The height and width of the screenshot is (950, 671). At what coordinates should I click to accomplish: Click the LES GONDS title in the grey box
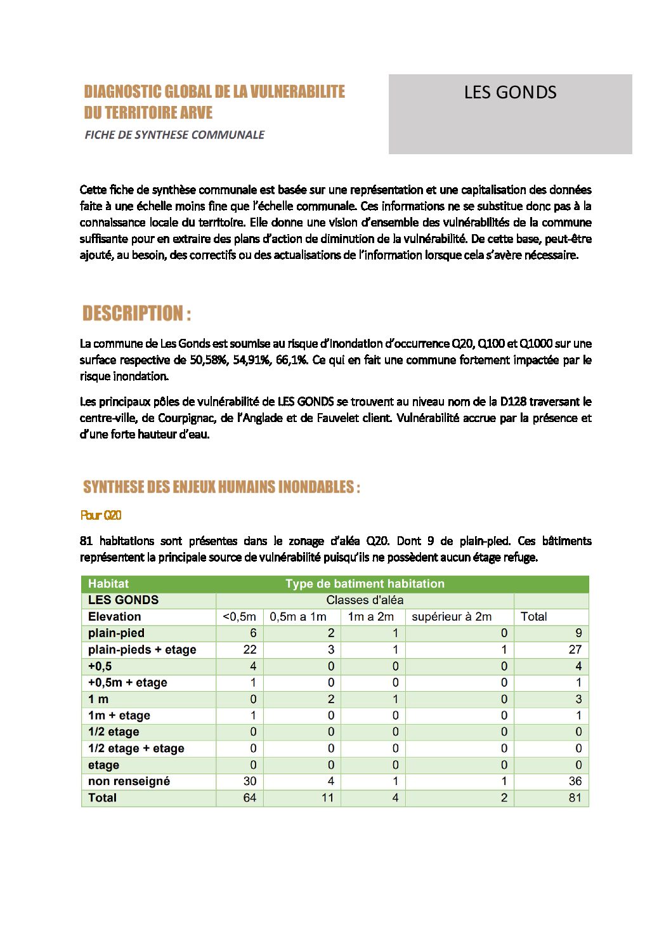point(510,93)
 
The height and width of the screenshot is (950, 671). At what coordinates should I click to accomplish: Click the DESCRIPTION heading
point(136,313)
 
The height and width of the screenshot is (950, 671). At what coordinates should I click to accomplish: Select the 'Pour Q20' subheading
point(101,515)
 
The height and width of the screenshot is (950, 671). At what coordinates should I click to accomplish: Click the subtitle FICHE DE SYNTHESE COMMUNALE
point(174,135)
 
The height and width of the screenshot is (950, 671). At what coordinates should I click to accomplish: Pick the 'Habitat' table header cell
point(108,584)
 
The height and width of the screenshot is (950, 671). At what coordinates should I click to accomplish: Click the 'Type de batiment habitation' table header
point(365,584)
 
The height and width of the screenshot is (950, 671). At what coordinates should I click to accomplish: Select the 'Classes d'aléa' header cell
point(365,600)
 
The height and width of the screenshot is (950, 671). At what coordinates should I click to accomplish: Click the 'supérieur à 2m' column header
point(452,617)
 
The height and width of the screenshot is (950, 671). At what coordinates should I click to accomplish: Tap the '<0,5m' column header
point(240,617)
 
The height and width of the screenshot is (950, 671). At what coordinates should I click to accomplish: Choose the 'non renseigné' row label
point(129,781)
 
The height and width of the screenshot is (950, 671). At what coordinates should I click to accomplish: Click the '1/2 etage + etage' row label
point(136,748)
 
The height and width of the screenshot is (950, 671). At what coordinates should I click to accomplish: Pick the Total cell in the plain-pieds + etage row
point(575,650)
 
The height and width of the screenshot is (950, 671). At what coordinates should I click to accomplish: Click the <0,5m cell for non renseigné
point(250,781)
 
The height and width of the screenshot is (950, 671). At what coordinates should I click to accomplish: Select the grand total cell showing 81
point(575,798)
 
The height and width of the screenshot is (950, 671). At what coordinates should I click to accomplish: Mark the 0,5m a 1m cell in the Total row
point(327,798)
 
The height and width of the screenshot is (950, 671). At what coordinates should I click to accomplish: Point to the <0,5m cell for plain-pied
point(253,633)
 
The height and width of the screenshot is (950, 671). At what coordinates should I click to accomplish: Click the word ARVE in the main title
point(196,113)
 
